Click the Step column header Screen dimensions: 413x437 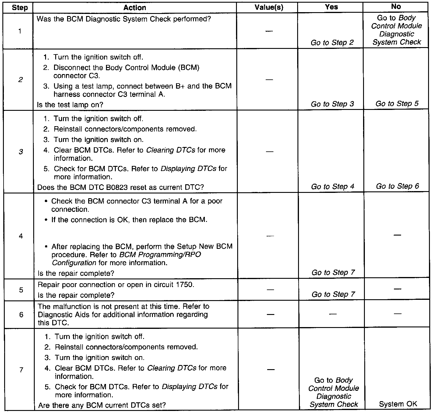click(x=20, y=7)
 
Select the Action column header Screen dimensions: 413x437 click(x=134, y=7)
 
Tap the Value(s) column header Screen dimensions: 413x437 click(x=269, y=7)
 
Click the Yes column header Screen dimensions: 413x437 click(x=331, y=7)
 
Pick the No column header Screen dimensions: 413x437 click(x=396, y=7)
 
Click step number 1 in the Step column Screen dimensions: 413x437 click(x=20, y=31)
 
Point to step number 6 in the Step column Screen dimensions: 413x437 click(x=21, y=314)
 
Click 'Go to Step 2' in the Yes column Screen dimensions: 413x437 click(x=332, y=43)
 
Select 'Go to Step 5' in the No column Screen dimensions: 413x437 click(x=397, y=104)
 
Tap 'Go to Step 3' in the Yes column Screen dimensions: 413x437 click(x=332, y=104)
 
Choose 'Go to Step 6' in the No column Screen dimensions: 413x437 click(x=397, y=186)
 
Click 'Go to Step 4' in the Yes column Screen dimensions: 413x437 click(x=332, y=187)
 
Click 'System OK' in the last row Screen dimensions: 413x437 click(x=398, y=404)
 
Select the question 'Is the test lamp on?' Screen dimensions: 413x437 click(x=70, y=105)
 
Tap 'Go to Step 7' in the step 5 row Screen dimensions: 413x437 click(x=333, y=294)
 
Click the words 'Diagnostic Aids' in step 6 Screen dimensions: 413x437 click(x=63, y=314)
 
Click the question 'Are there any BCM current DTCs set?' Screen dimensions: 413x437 click(x=102, y=405)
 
